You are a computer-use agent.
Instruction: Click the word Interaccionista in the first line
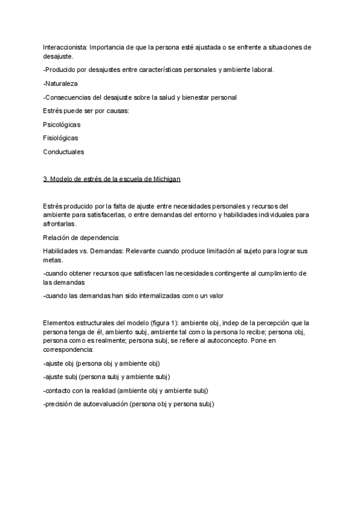pos(63,47)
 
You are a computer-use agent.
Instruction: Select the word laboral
pos(260,70)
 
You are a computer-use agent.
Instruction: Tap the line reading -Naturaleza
pos(61,83)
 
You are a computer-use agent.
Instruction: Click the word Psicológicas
pos(62,124)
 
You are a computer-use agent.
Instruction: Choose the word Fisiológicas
pos(61,138)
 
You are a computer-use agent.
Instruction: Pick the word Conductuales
pos(64,152)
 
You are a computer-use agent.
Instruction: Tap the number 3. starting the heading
pos(46,179)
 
